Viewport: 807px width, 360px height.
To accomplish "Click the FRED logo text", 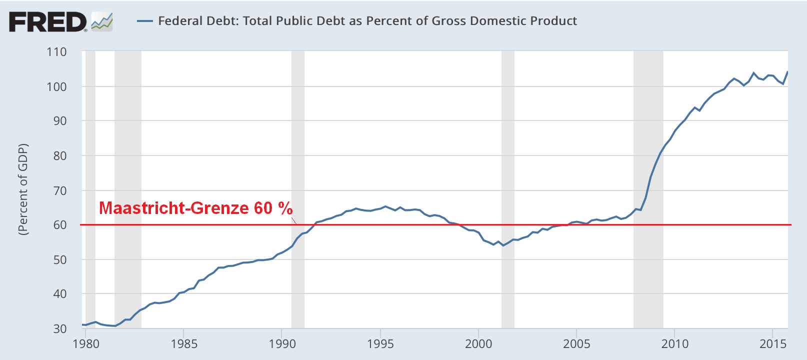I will [x=47, y=22].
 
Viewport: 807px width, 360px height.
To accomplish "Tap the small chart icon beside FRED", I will [x=102, y=22].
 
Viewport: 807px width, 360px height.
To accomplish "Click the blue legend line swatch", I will [x=144, y=21].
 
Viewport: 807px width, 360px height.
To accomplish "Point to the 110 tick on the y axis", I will [x=56, y=52].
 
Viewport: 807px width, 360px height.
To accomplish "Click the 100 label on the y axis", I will [x=56, y=86].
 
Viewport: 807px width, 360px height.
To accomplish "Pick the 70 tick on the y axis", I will [x=59, y=190].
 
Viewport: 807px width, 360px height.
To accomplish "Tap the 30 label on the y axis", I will [x=59, y=328].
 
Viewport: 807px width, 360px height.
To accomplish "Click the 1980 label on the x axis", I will [x=86, y=344].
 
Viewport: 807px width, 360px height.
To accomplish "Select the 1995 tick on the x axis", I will [x=380, y=344].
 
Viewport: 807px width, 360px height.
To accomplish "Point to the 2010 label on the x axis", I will [x=675, y=344].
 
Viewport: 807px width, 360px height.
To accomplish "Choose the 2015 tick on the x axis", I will [x=773, y=344].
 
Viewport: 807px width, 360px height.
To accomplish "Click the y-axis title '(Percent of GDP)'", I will [x=23, y=189].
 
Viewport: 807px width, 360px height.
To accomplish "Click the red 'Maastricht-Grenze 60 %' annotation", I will [x=195, y=208].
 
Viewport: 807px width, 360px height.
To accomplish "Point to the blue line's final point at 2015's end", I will [x=787, y=72].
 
